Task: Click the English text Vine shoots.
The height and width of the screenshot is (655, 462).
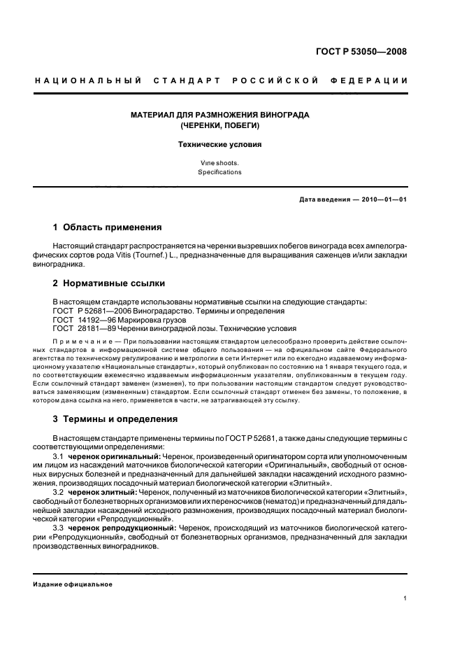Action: [219, 162]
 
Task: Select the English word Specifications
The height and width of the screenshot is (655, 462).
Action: [219, 172]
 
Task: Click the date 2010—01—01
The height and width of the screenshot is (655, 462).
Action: [381, 199]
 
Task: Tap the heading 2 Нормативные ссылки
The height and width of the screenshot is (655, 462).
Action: [109, 283]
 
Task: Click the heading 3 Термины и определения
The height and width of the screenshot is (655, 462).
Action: [115, 419]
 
